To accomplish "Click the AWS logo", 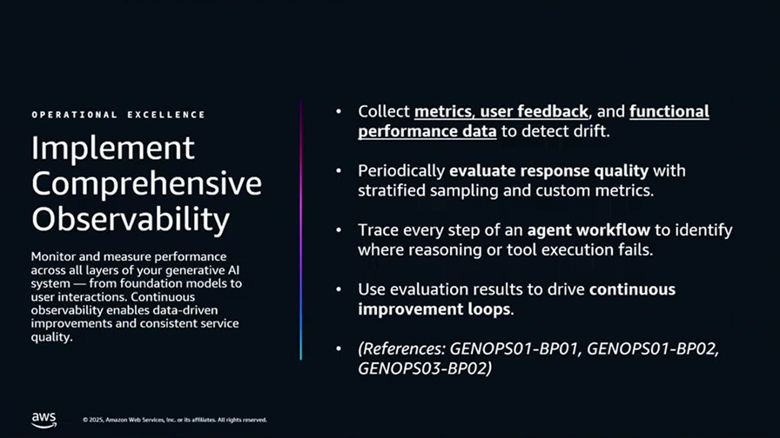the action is point(44,420).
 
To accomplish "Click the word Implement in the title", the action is point(113,148).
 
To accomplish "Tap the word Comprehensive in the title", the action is point(147,183).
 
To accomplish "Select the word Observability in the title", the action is point(131,220).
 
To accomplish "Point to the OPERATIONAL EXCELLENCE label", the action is point(118,115).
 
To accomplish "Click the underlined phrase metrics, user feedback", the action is point(501,112).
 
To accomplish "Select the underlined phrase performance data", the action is point(427,131).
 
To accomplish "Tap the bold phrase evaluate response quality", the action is point(548,171).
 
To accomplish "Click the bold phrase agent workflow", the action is point(588,230).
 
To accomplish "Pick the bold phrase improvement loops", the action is point(434,309).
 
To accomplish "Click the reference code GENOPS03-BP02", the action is point(423,368).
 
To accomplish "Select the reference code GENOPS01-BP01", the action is point(514,348).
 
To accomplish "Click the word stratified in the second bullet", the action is point(392,190).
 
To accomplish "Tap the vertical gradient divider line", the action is point(301,229).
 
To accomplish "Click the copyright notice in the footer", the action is point(175,420).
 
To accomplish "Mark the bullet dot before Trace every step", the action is point(339,230).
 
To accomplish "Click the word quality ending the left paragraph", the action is point(50,338).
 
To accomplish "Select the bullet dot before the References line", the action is point(339,348).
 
